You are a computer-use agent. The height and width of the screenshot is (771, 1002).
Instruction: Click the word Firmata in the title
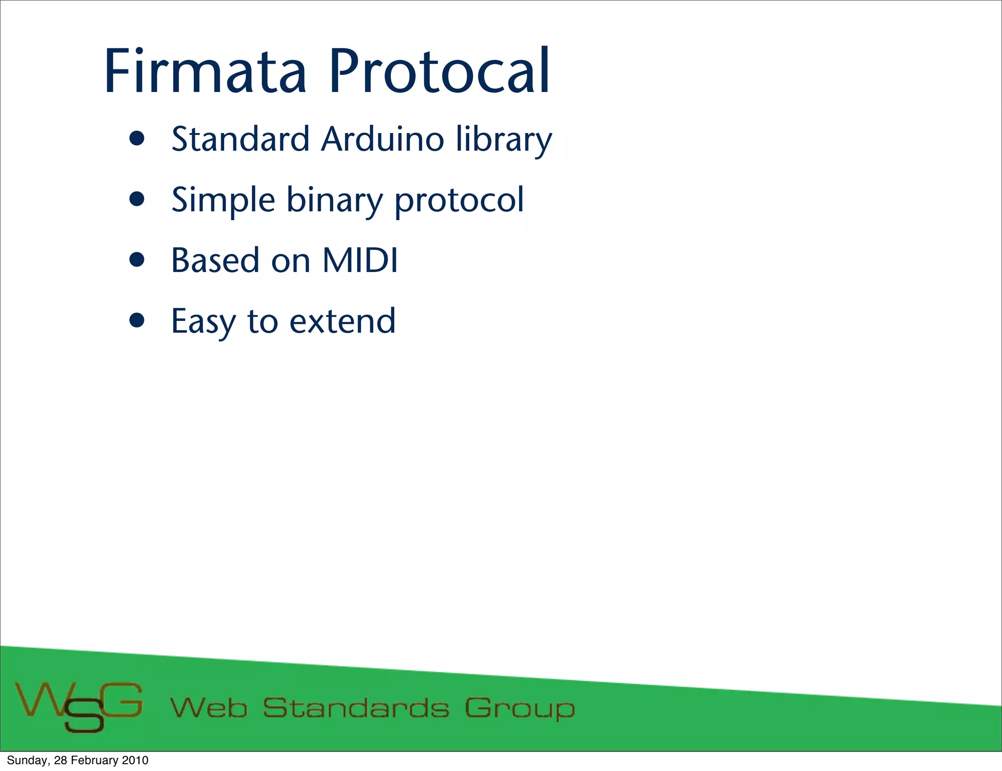pos(205,72)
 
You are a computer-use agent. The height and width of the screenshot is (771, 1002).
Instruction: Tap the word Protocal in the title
pos(439,72)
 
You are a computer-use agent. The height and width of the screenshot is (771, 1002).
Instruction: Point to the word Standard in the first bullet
pos(240,139)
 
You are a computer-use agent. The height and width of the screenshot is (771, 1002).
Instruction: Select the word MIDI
pos(360,260)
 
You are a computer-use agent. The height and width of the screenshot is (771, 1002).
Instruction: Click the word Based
pos(215,260)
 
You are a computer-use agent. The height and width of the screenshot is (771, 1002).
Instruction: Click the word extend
pos(342,322)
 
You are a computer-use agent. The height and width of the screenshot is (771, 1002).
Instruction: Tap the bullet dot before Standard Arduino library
pos(137,139)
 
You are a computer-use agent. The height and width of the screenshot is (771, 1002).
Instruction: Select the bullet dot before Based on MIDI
pos(137,260)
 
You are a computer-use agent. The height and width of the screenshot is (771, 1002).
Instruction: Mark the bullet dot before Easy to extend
pos(137,321)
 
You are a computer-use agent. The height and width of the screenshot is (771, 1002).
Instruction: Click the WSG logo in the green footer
pos(79,706)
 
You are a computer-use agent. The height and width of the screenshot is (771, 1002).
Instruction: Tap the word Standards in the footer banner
pos(356,708)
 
